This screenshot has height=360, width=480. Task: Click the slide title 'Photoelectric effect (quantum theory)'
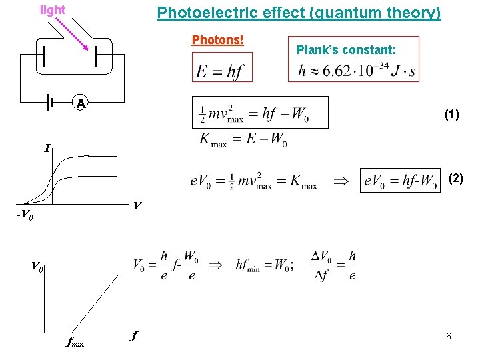tap(299, 13)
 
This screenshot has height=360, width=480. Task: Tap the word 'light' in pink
tap(53, 10)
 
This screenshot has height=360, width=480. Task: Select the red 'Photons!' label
tap(218, 40)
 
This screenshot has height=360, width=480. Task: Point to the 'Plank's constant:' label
tap(346, 49)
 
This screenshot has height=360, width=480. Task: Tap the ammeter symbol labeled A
tap(80, 103)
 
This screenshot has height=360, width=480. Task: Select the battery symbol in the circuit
tap(50, 102)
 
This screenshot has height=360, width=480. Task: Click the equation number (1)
tap(451, 114)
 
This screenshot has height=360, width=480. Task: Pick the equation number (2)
tap(455, 178)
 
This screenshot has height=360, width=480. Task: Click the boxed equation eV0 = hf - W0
tap(401, 180)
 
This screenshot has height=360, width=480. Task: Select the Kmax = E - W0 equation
tap(244, 141)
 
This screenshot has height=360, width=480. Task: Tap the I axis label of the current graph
tap(47, 148)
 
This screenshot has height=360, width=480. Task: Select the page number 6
tap(449, 337)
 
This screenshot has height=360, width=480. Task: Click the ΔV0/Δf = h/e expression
tap(333, 265)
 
